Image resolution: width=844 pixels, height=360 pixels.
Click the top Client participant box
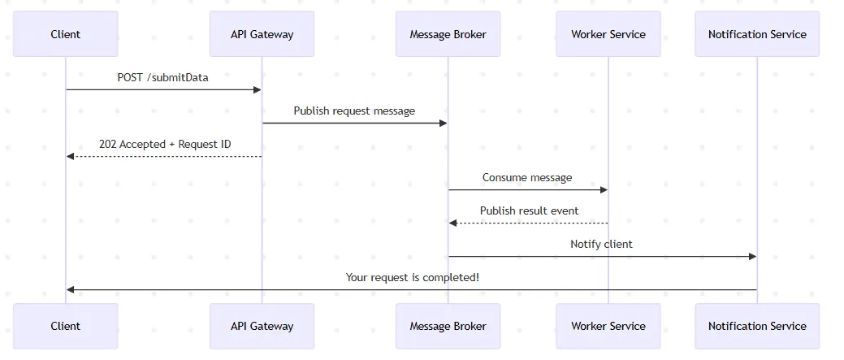[66, 34]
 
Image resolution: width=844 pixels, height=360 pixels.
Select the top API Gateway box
[262, 34]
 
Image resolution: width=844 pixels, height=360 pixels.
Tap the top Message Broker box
[448, 34]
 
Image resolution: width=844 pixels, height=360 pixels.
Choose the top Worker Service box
[608, 34]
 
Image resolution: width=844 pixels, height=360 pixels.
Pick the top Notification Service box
[757, 34]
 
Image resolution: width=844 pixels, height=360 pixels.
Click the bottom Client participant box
[66, 326]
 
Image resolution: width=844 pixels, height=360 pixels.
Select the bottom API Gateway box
[262, 326]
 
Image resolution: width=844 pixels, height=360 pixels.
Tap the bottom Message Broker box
[448, 326]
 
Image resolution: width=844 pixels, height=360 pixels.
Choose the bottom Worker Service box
[608, 326]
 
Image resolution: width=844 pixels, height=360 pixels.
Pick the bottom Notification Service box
[757, 326]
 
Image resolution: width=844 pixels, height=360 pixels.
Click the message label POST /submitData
[162, 77]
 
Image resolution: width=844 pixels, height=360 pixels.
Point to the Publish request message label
[354, 111]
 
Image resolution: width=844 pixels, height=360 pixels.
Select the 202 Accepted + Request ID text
[165, 144]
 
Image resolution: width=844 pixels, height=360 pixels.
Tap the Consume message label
[527, 177]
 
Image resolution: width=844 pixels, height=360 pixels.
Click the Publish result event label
[529, 210]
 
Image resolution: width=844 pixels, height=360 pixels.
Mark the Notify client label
[601, 244]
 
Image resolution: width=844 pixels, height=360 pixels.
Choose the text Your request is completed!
[412, 277]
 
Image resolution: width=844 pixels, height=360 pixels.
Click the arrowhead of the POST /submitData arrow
[258, 89]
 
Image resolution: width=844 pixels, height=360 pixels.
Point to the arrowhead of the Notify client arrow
[752, 256]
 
